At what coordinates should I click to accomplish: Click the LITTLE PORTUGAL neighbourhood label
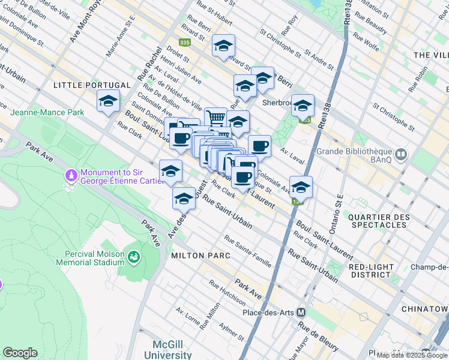[92, 85]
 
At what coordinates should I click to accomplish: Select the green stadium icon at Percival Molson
[134, 257]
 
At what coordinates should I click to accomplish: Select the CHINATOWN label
[430, 308]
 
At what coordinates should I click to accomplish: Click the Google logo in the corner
[20, 353]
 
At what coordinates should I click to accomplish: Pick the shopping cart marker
[215, 118]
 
